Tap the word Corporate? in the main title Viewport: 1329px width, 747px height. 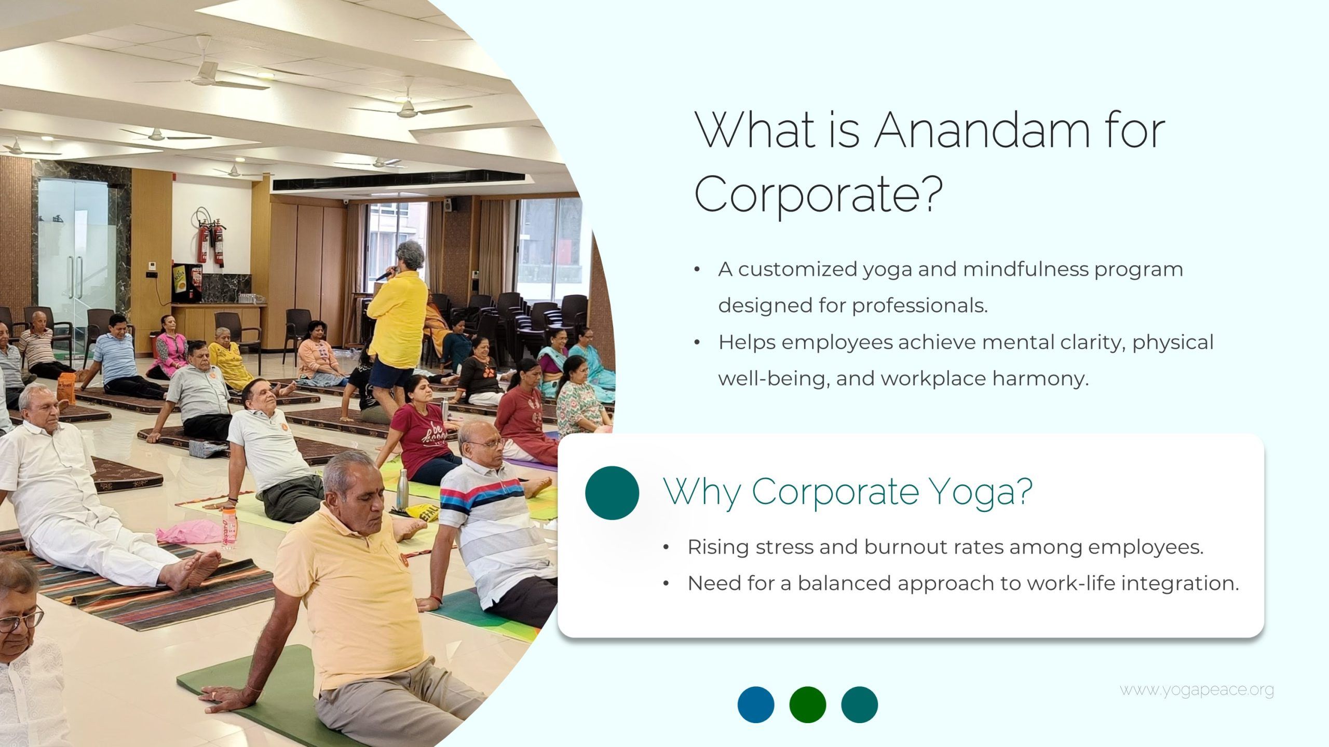pos(818,193)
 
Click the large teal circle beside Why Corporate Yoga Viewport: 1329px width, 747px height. pos(612,493)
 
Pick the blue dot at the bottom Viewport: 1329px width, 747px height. pos(756,704)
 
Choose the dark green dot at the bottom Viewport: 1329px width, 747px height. pos(808,704)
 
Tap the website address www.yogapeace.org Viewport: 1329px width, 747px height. pos(1197,690)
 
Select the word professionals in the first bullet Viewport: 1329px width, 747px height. pos(920,306)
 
